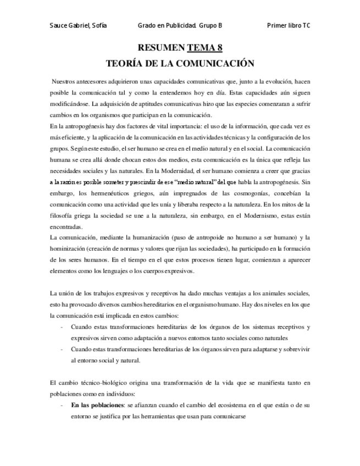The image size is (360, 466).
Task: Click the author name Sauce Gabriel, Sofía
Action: tap(77, 26)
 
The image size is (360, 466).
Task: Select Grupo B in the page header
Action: tap(212, 26)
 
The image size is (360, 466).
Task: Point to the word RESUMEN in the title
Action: tap(161, 48)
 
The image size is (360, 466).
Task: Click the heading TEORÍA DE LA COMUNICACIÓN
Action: tap(180, 62)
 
